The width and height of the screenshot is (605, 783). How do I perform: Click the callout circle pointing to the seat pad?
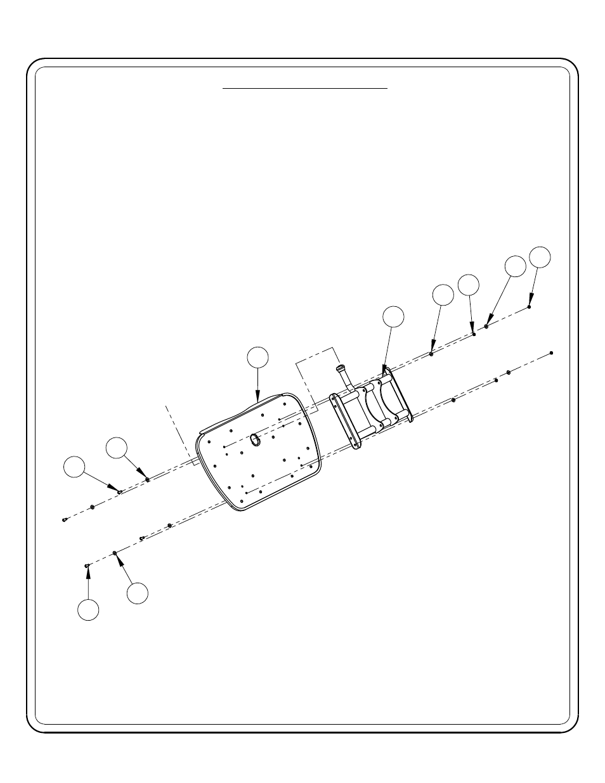click(x=257, y=357)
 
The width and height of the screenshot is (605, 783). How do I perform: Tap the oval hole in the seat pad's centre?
click(x=256, y=439)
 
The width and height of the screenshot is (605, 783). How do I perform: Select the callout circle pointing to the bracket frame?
click(x=394, y=317)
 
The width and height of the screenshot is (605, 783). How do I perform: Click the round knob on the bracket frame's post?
click(x=341, y=368)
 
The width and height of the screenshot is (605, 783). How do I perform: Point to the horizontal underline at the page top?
click(x=304, y=89)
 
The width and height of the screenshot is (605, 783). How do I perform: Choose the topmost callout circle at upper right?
click(x=540, y=256)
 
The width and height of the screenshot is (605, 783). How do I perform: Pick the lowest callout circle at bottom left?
click(x=88, y=609)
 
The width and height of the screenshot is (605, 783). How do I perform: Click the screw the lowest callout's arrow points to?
click(x=87, y=565)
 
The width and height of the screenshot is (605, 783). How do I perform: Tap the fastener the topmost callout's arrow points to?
click(x=529, y=307)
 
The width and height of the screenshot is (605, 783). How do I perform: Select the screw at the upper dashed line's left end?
click(x=65, y=520)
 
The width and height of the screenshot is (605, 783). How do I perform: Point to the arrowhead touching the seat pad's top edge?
click(x=257, y=398)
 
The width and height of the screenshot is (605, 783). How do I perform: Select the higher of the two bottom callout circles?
click(x=137, y=593)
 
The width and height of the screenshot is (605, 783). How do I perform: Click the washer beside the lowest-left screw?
click(x=115, y=553)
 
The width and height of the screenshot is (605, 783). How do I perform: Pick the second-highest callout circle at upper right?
click(x=516, y=266)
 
